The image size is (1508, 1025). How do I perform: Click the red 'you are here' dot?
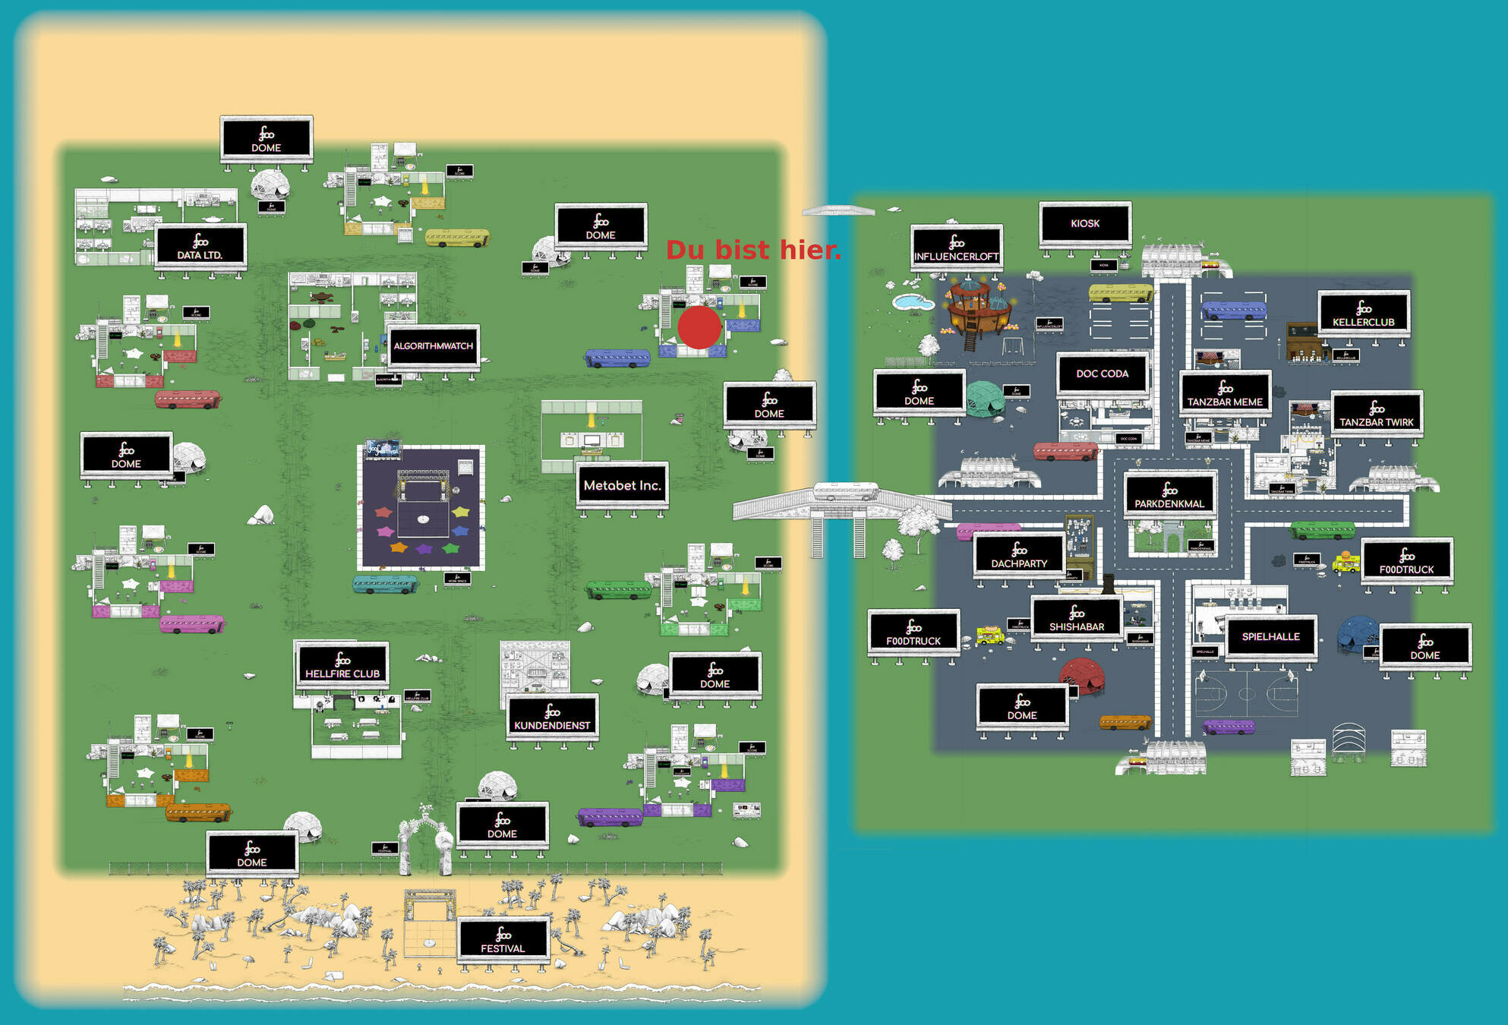(699, 327)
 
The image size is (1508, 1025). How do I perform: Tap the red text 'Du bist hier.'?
(753, 250)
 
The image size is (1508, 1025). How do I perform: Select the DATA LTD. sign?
(200, 246)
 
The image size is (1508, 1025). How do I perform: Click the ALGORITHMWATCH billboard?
(433, 346)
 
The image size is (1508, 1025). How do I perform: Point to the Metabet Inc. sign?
(622, 485)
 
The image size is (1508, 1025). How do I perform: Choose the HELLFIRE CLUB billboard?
(342, 664)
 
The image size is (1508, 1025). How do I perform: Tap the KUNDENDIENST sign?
(552, 716)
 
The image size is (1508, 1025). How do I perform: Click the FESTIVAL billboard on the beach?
(503, 939)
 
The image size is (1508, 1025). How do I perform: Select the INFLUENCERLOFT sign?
(956, 248)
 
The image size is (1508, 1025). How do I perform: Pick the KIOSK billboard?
(1085, 223)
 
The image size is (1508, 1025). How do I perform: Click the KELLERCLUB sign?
(1364, 313)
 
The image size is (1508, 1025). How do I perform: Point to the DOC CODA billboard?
(1102, 374)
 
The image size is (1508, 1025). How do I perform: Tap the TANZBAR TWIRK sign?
(1377, 414)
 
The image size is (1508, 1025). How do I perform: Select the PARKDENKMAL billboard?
(1169, 494)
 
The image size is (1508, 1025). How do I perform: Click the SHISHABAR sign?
(1077, 618)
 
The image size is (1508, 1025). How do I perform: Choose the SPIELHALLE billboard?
(1271, 637)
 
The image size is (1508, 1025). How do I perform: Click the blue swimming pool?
(913, 302)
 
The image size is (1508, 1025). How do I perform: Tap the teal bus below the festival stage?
(385, 584)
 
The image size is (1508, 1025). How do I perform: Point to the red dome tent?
(1081, 674)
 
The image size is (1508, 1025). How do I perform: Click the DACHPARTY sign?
(1019, 555)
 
